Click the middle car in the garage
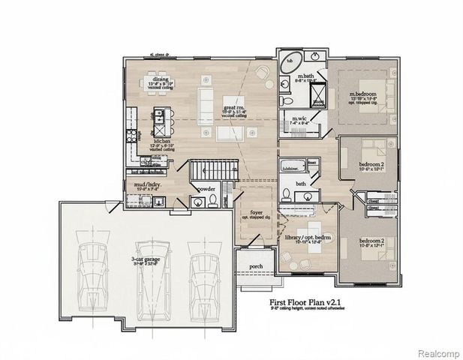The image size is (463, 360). [149, 266]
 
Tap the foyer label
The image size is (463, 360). [257, 214]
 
